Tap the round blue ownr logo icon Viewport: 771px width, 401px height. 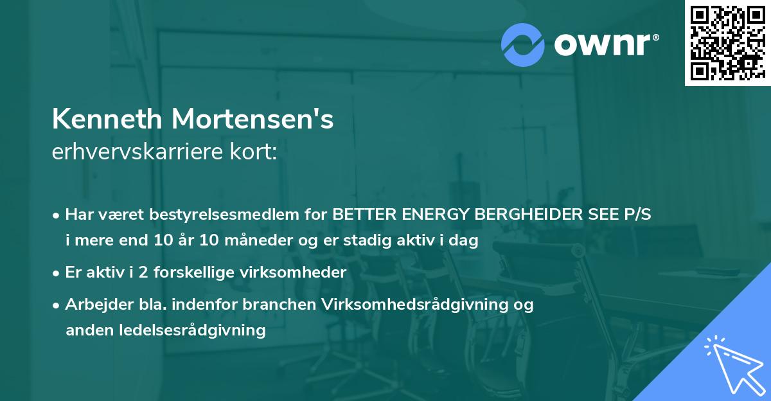[523, 45]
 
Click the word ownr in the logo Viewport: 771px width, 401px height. [603, 45]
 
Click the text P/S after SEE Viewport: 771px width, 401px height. [635, 215]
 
